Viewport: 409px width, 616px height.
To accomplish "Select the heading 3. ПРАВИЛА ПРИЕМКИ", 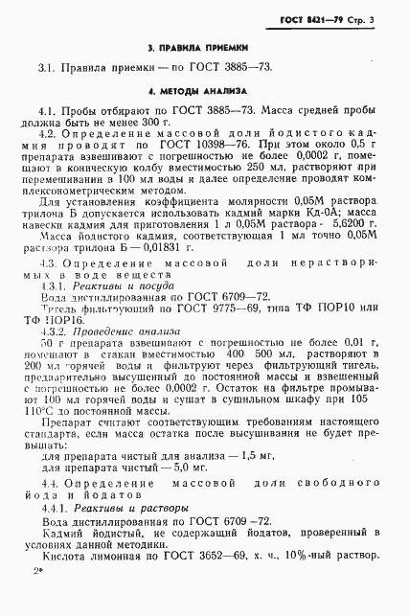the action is (204, 46).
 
